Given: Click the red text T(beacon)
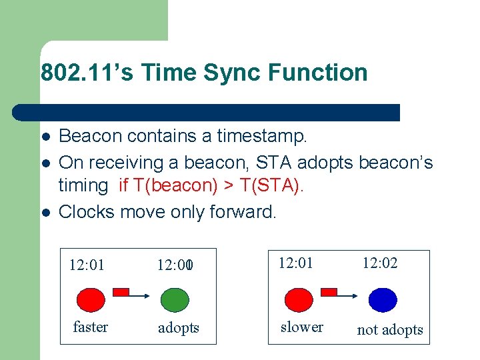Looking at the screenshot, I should click(174, 185).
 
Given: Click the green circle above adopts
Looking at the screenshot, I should click(176, 299).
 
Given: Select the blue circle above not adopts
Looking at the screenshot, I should click(383, 299).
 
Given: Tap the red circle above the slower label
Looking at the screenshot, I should click(298, 299).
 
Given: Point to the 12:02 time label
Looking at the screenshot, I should click(380, 263).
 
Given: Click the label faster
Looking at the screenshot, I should click(91, 327).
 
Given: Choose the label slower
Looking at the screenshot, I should click(302, 327).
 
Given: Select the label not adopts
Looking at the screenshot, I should click(390, 329).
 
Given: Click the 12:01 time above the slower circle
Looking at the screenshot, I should click(295, 263).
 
